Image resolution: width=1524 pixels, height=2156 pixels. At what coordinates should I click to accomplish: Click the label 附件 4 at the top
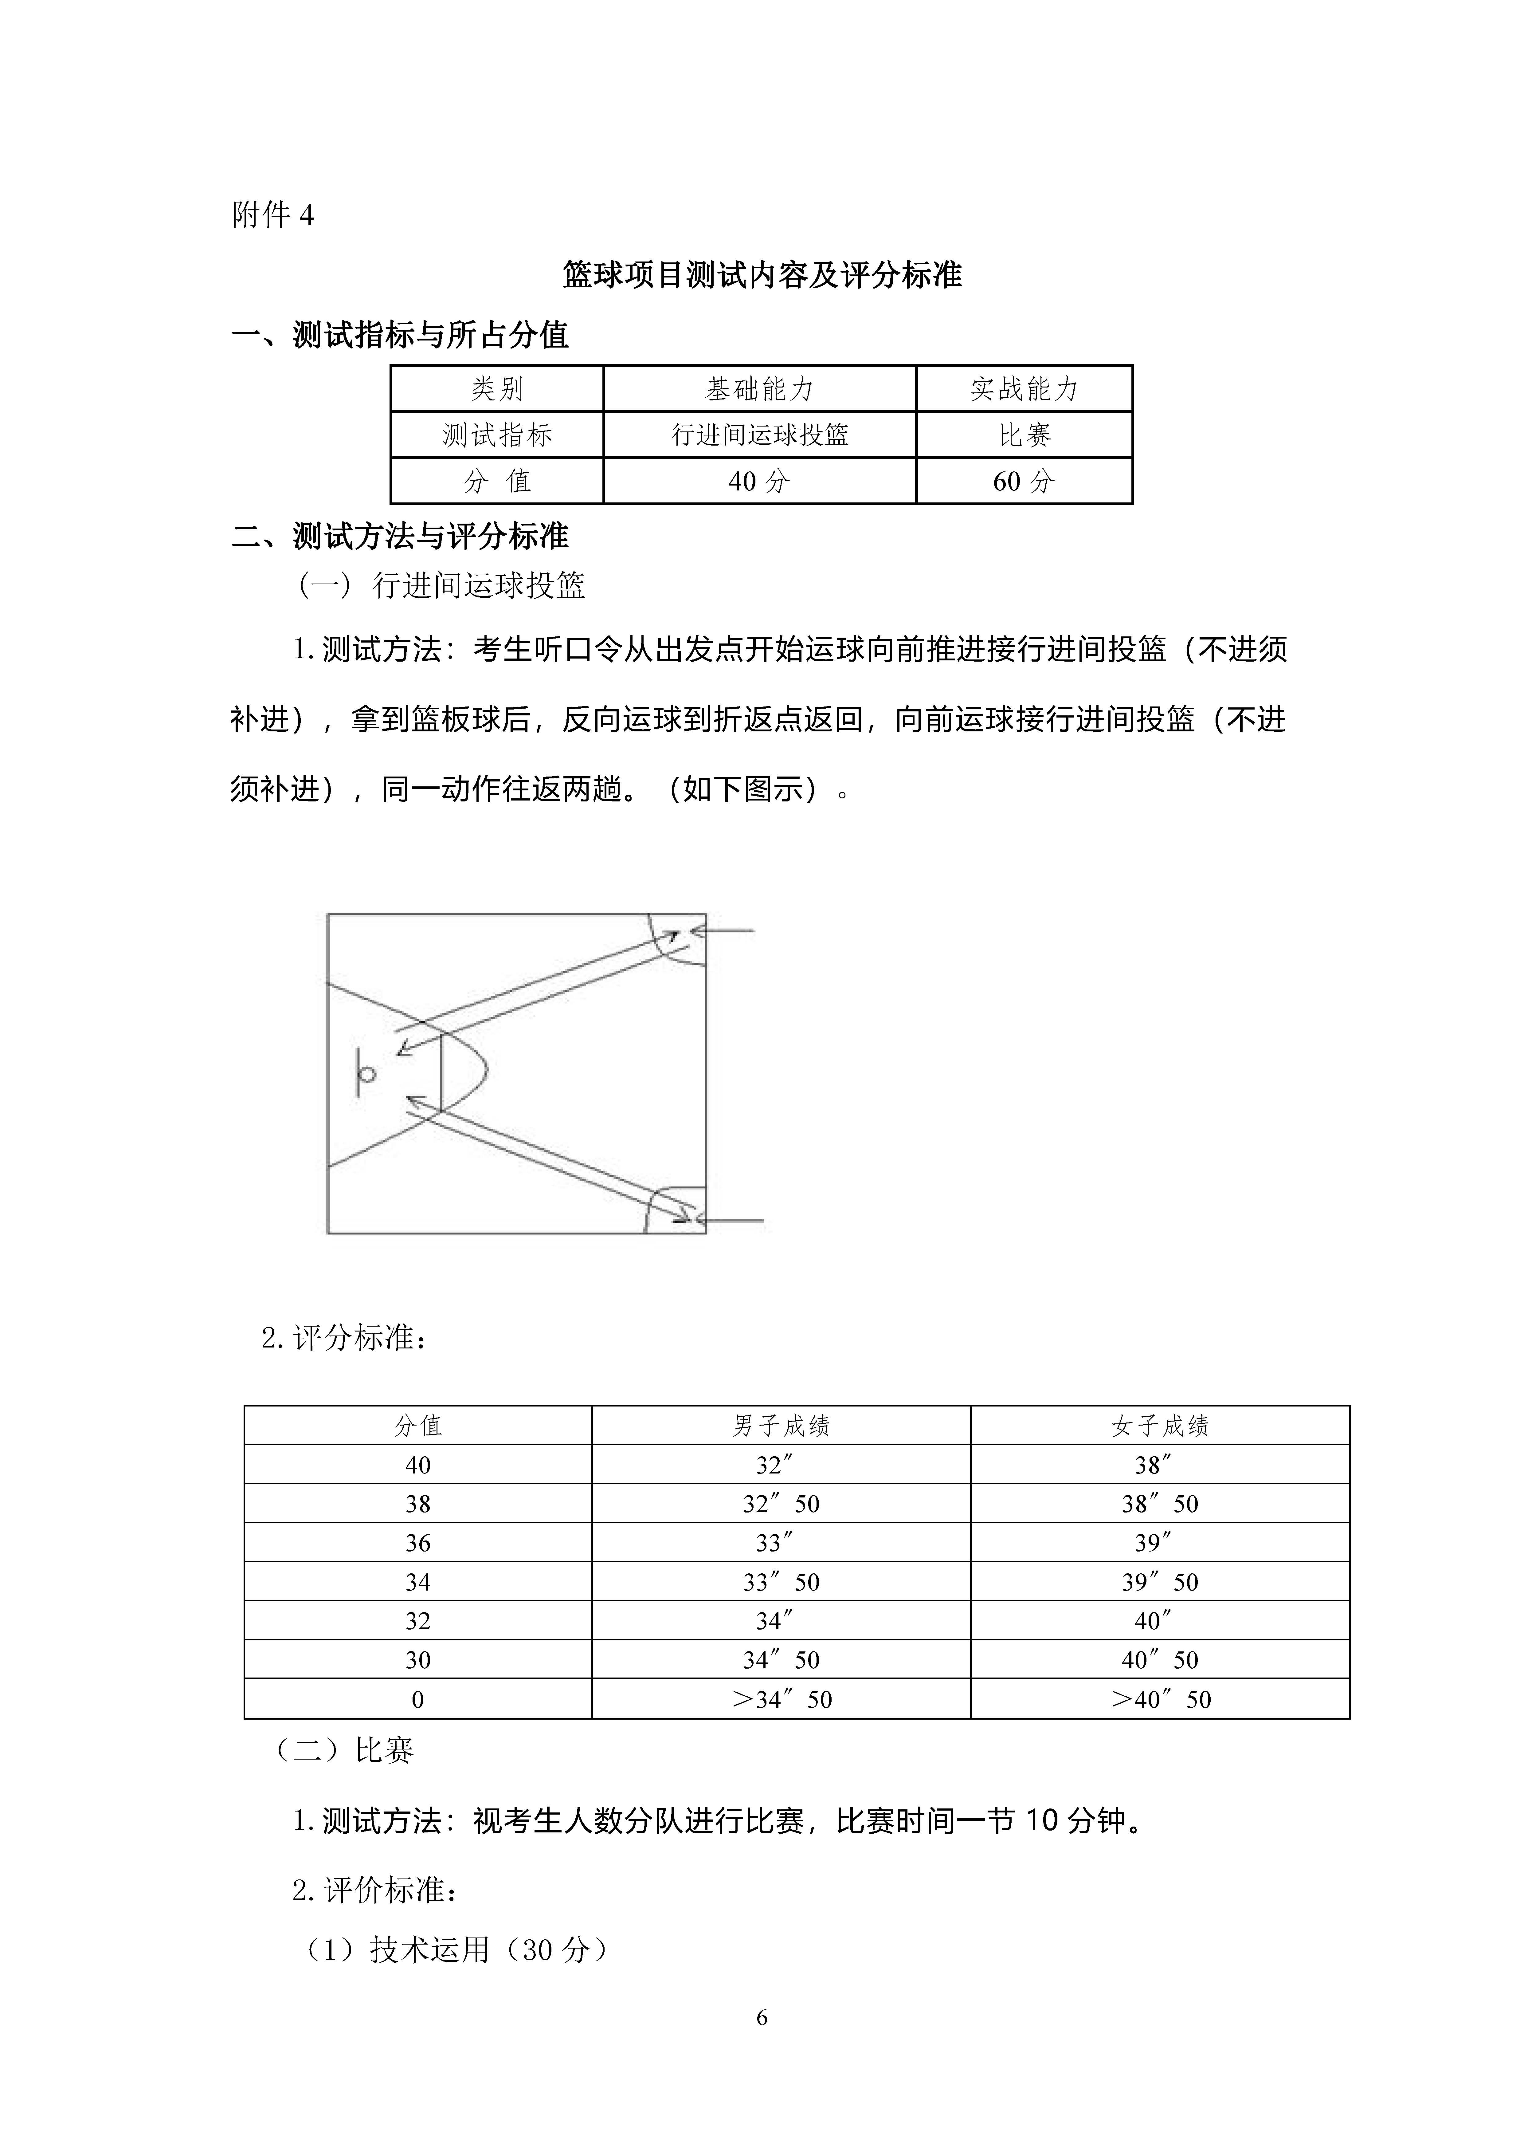click(272, 216)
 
